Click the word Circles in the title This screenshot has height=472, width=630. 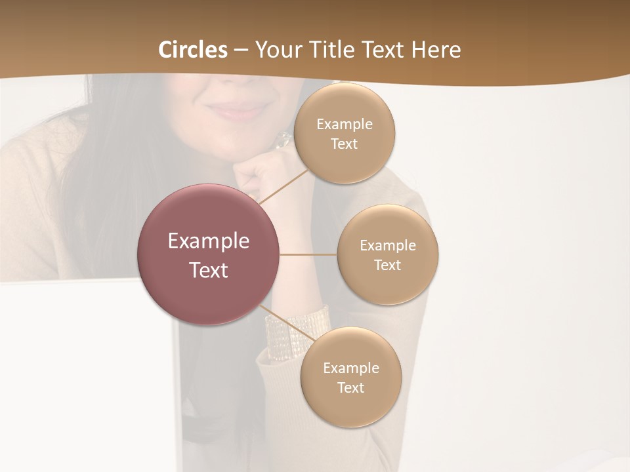(x=193, y=50)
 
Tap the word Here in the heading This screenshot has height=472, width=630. (x=436, y=50)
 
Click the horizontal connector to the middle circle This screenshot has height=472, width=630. (x=308, y=254)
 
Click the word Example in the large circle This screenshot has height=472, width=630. (x=209, y=241)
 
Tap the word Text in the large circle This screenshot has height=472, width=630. (x=209, y=270)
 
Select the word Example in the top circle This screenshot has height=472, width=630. (x=345, y=124)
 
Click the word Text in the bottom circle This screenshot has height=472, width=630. (x=350, y=387)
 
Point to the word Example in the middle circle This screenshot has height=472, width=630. (x=388, y=245)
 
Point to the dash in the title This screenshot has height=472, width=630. (x=241, y=50)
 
